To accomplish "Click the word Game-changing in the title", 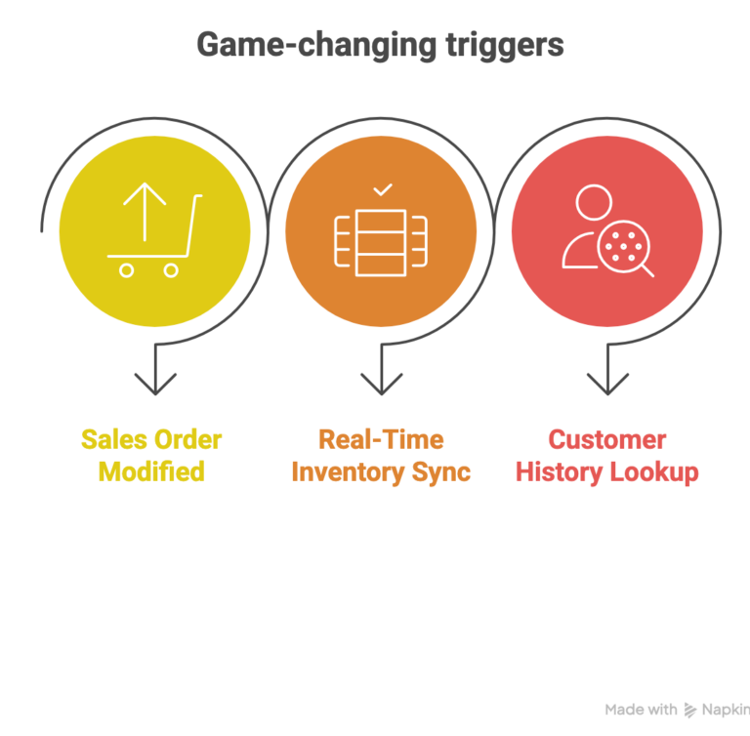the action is coord(316,46).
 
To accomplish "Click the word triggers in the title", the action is coord(505,46).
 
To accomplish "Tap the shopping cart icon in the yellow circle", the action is coord(154,230).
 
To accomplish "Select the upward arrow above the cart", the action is coord(145,212).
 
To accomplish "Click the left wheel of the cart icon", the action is coord(126,270).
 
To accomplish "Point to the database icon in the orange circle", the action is coord(381,242).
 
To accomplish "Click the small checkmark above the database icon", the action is coord(383,190).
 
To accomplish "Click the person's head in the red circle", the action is coord(594,202).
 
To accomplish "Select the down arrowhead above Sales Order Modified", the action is coord(155,384).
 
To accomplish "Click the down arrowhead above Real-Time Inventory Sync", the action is coord(382,384).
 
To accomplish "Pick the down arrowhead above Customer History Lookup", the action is coord(607,384).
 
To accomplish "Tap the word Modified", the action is coord(151,471).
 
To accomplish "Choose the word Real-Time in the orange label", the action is coord(381,439).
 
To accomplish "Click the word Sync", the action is coord(441,472).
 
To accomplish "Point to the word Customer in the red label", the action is coord(607,439).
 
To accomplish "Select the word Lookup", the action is coord(654,472).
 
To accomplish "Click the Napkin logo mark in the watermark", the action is coord(689,711).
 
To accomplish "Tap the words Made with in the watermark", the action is coord(641,710).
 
